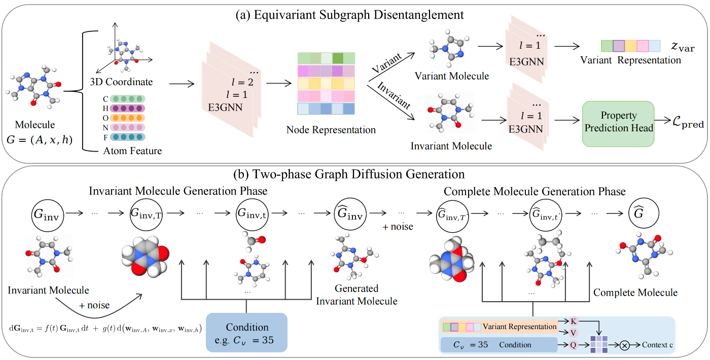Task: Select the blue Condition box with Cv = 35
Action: (246, 332)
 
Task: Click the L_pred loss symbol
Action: (686, 123)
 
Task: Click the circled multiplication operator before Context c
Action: (624, 345)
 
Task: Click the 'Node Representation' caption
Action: (330, 130)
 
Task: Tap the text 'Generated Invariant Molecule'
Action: (357, 295)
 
